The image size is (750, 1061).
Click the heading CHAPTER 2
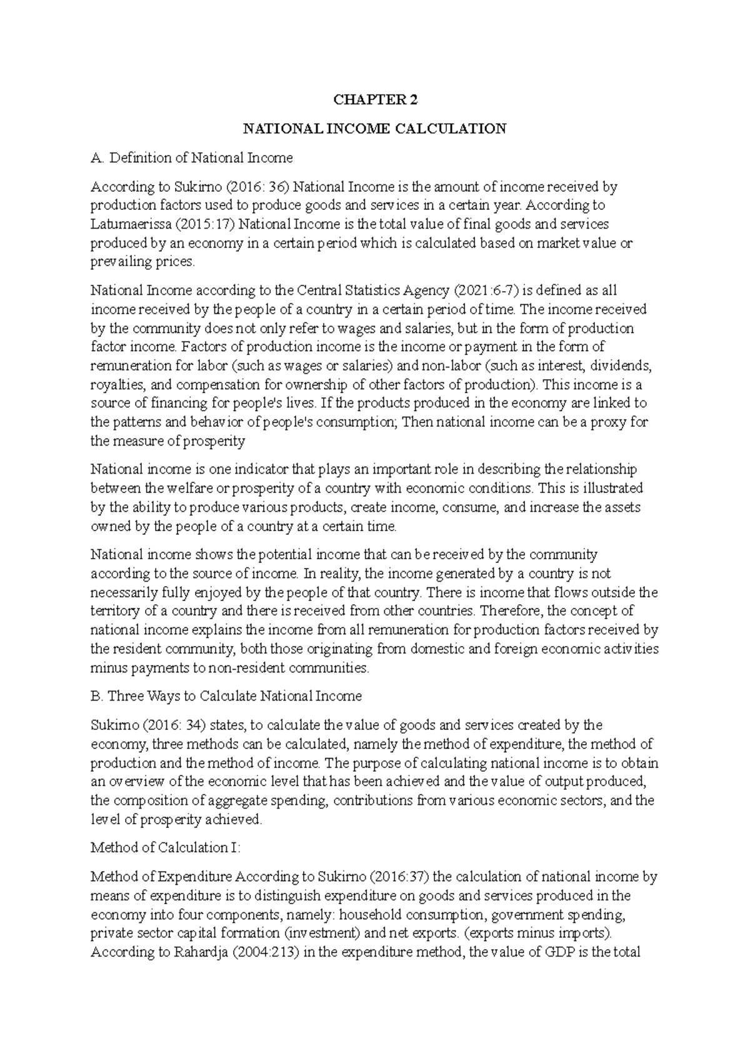pyautogui.click(x=374, y=100)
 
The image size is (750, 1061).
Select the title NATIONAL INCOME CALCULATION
pyautogui.click(x=374, y=129)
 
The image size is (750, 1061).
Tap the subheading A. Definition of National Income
pyautogui.click(x=191, y=157)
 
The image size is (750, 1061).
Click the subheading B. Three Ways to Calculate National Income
pyautogui.click(x=226, y=696)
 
